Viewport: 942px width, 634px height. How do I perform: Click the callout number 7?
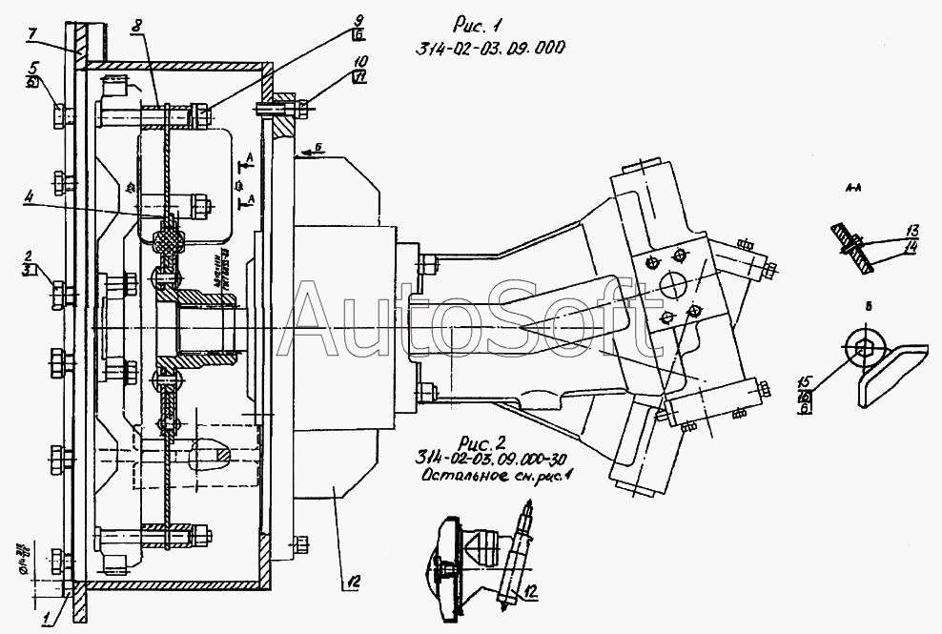[x=32, y=33]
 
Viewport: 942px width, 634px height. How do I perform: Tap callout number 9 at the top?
[x=358, y=19]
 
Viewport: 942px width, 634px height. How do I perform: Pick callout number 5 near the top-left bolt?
[x=32, y=68]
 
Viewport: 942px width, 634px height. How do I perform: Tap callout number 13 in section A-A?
[x=912, y=231]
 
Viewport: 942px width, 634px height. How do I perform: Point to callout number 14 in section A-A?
[x=912, y=246]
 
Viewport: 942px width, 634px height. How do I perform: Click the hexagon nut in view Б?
[x=862, y=350]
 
